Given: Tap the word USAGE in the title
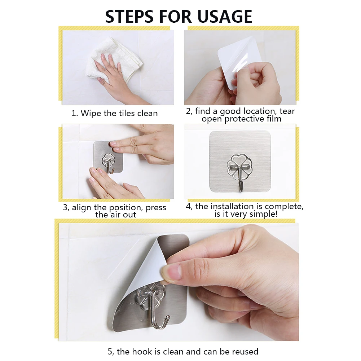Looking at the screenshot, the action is (x=225, y=17).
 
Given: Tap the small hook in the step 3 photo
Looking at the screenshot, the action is (x=108, y=162).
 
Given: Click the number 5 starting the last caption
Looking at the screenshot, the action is (x=110, y=352).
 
